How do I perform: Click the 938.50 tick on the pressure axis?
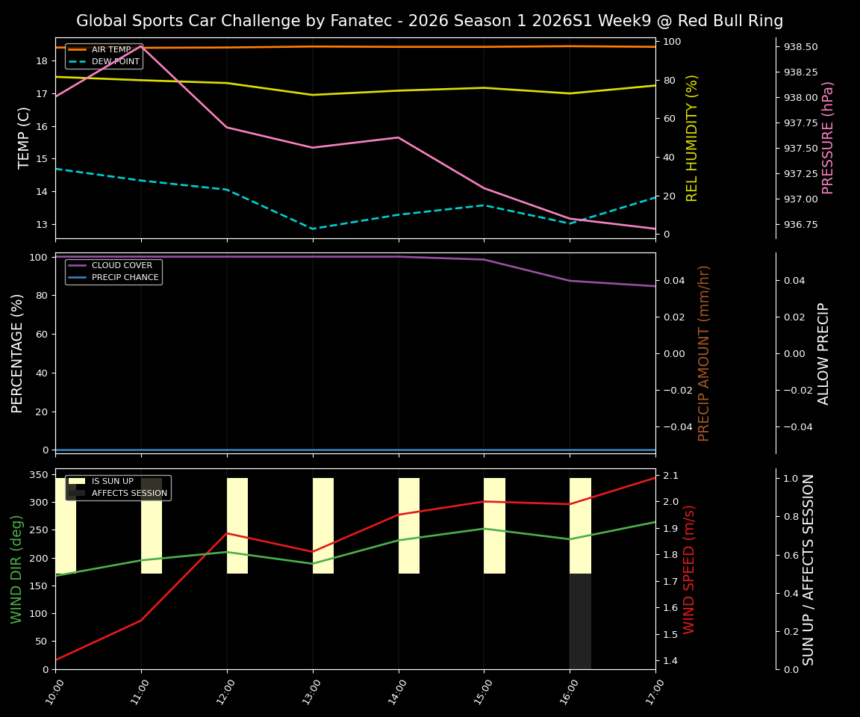tap(800, 47)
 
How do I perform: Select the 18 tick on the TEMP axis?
tap(42, 61)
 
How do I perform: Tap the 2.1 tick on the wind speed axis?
tap(670, 476)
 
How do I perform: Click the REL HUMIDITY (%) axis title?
tap(692, 137)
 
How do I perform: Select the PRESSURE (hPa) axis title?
tap(828, 137)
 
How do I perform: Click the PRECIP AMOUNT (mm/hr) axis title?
tap(704, 353)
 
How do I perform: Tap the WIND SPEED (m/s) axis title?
tap(689, 569)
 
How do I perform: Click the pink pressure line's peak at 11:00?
tap(141, 46)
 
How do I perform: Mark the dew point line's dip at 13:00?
tap(313, 229)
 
